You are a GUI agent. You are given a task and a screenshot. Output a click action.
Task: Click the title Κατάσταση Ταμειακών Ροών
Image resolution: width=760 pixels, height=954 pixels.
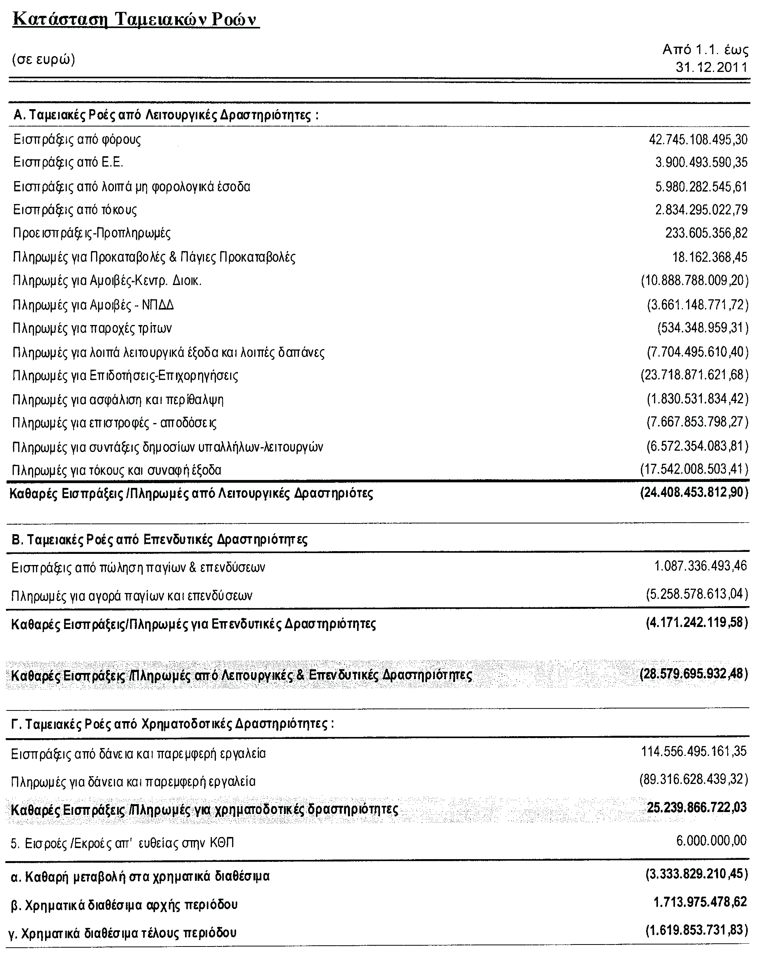click(136, 20)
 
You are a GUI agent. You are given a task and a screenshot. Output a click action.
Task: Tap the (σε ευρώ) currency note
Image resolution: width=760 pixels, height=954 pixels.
click(43, 59)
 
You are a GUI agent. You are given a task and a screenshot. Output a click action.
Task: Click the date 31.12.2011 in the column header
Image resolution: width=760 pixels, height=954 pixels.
click(711, 67)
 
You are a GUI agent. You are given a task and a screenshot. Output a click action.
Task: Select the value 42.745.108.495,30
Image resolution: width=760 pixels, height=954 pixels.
click(698, 140)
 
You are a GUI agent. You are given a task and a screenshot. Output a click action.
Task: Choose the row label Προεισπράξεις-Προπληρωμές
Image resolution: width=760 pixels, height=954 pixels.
click(92, 233)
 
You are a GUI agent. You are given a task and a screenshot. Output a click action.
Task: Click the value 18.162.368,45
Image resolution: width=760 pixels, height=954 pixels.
click(709, 257)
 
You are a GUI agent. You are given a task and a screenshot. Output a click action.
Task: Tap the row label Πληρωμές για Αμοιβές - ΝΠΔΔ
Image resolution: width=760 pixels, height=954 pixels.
click(93, 305)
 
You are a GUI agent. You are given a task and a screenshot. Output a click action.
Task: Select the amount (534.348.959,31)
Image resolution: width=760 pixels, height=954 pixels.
click(703, 328)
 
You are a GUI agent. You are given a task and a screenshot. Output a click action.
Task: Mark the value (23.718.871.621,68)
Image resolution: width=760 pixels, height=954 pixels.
click(694, 375)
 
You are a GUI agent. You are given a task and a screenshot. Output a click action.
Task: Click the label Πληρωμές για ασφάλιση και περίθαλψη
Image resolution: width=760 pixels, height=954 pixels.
click(118, 400)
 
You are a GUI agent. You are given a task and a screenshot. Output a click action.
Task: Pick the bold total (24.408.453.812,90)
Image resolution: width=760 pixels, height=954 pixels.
click(694, 493)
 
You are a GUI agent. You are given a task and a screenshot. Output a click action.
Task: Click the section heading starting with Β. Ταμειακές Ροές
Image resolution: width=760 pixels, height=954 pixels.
click(159, 539)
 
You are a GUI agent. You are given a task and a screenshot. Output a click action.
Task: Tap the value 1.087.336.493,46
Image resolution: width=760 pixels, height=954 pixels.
click(701, 565)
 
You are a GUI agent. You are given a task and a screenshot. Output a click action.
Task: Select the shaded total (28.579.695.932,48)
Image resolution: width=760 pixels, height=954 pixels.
click(694, 674)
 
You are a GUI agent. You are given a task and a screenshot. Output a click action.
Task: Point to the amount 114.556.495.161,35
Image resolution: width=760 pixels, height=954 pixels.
click(694, 751)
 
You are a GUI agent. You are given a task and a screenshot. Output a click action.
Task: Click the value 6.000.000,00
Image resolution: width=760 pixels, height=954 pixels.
click(711, 840)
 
